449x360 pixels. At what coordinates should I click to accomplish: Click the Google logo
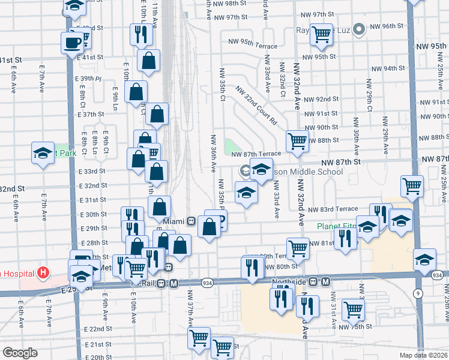pyautogui.click(x=20, y=353)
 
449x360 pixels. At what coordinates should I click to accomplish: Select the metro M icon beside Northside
pyautogui.click(x=326, y=281)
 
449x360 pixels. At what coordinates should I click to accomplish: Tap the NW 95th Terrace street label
pyautogui.click(x=253, y=46)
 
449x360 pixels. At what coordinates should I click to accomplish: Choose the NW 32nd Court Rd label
pyautogui.click(x=256, y=106)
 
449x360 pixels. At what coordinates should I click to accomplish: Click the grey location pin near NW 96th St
pyautogui.click(x=360, y=28)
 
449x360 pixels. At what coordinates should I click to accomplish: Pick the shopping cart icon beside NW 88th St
pyautogui.click(x=297, y=141)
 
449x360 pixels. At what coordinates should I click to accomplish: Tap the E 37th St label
pyautogui.click(x=91, y=114)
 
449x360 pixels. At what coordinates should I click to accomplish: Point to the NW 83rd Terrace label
pyautogui.click(x=333, y=209)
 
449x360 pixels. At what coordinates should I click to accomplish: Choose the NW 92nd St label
pyautogui.click(x=321, y=99)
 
